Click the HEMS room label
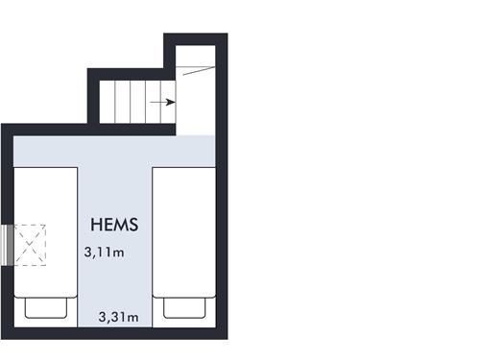tap(114, 225)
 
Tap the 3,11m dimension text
tap(104, 252)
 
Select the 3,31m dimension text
tap(119, 317)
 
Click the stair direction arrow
tap(163, 103)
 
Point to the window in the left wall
tap(7, 245)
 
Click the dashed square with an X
tap(30, 245)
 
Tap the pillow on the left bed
tap(46, 308)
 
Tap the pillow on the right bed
tap(184, 308)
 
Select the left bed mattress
tap(46, 232)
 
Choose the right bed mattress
tap(184, 232)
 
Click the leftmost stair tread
tap(107, 102)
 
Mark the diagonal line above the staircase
tap(199, 71)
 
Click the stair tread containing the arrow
tap(160, 102)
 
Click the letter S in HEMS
tap(133, 225)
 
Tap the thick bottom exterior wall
tap(114, 333)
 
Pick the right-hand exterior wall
tap(222, 186)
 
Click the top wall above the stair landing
tap(196, 39)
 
